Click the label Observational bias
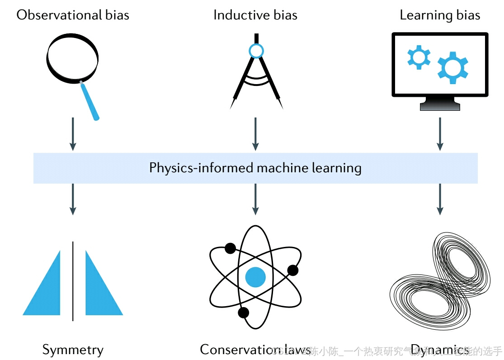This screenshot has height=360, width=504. click(73, 15)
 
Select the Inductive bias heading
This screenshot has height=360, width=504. click(255, 15)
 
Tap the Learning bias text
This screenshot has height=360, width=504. click(439, 15)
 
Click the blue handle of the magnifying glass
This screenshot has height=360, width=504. click(89, 102)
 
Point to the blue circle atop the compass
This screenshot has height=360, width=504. click(256, 51)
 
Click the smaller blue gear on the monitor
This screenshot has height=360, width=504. click(418, 57)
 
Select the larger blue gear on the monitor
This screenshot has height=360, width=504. click(452, 68)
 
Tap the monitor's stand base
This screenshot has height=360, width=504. click(440, 106)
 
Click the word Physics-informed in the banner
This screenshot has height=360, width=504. click(202, 168)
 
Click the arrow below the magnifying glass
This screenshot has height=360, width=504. click(73, 134)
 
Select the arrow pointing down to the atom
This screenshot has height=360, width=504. click(255, 199)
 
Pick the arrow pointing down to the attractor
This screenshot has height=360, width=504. click(439, 199)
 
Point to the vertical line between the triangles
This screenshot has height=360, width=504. click(73, 280)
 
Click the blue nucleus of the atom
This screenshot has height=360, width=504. click(255, 277)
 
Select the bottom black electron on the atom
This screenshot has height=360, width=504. click(243, 313)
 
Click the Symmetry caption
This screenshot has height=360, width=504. click(73, 350)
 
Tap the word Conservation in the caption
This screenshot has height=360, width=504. click(235, 349)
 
